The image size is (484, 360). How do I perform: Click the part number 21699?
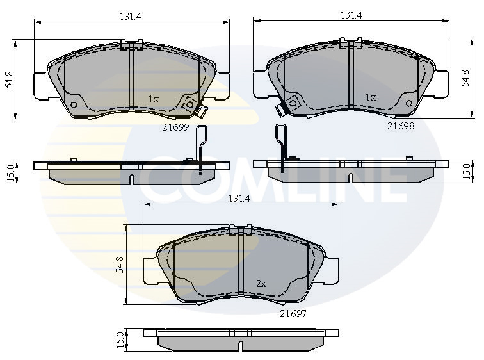pos(175,127)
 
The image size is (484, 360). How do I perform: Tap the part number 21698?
pos(401,126)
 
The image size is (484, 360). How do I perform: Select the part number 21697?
pos(293,314)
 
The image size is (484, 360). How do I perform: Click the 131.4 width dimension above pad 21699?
pos(130,17)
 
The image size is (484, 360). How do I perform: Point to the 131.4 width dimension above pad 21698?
pos(351,15)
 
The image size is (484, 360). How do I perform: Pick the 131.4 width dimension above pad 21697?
pos(239,199)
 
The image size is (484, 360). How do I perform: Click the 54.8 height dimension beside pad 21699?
pos(9,79)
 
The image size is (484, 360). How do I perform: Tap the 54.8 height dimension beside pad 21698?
pos(465,78)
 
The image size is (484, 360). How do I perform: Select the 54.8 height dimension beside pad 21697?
pos(120,265)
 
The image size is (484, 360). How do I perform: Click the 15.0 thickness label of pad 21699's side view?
pos(10,173)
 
